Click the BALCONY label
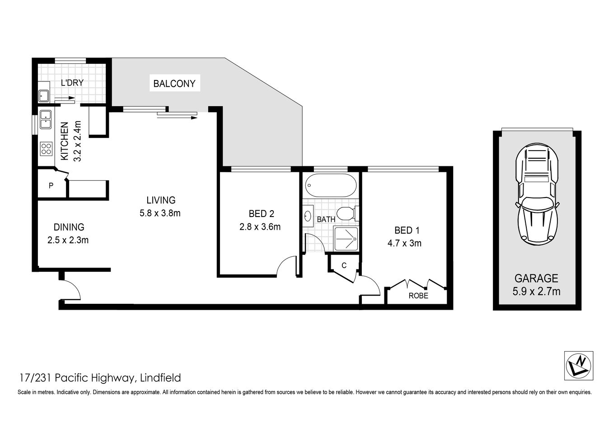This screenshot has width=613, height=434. pyautogui.click(x=174, y=84)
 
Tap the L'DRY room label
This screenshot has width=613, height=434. pyautogui.click(x=72, y=83)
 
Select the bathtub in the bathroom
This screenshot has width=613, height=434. pyautogui.click(x=331, y=185)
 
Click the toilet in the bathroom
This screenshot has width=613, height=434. pyautogui.click(x=348, y=213)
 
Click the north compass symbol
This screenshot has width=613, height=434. pyautogui.click(x=579, y=365)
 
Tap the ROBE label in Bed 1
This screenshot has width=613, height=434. pyautogui.click(x=418, y=296)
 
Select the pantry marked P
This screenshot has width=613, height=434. pyautogui.click(x=51, y=185)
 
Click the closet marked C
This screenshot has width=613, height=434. pyautogui.click(x=344, y=265)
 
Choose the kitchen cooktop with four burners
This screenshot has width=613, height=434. pyautogui.click(x=46, y=148)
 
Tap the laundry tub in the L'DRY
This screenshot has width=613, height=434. pyautogui.click(x=44, y=96)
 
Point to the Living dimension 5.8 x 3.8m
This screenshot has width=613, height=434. pyautogui.click(x=160, y=213)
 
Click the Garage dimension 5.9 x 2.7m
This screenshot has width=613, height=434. pyautogui.click(x=536, y=292)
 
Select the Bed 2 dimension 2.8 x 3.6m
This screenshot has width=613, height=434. pyautogui.click(x=260, y=227)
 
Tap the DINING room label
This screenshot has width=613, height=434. pyautogui.click(x=69, y=227)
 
